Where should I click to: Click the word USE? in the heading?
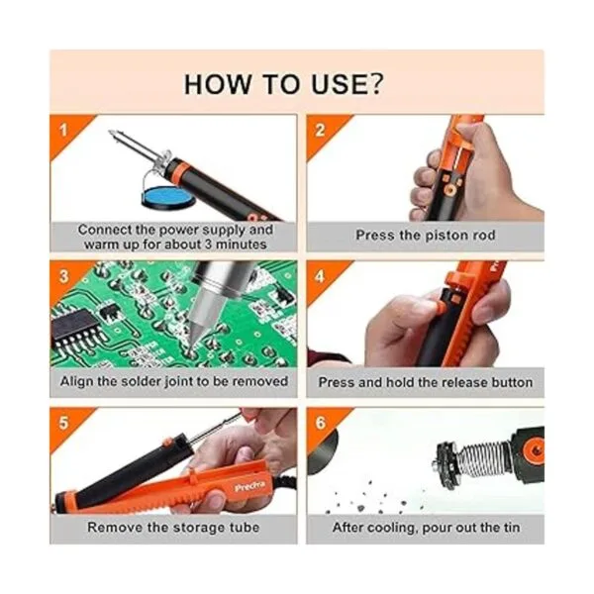point(347,84)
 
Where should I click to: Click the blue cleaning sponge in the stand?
point(167,196)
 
